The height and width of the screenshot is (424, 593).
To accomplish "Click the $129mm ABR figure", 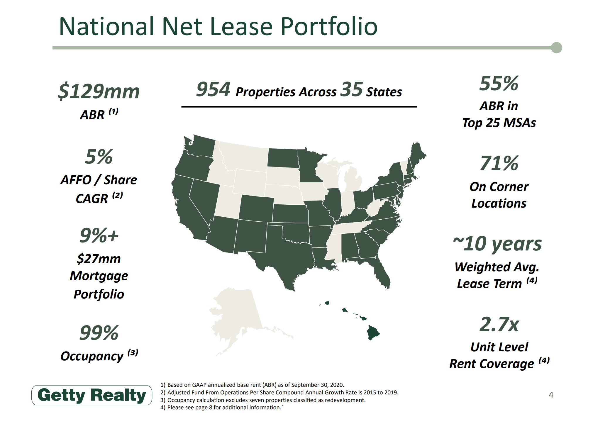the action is (x=99, y=91).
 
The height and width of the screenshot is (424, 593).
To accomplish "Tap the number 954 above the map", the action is (x=213, y=89).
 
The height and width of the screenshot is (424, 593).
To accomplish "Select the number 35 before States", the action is (x=352, y=89).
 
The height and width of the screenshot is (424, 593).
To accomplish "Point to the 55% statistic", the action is (x=499, y=83).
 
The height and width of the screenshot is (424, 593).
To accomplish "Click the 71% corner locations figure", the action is (x=499, y=163).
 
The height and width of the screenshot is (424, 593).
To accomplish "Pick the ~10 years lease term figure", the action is (x=497, y=244).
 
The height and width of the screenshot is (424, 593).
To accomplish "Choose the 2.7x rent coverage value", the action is (x=499, y=324).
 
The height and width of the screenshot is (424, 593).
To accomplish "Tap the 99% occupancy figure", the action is (x=99, y=333).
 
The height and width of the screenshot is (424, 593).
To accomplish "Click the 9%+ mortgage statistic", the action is (x=99, y=235).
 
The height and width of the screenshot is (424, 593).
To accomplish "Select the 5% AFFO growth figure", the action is (x=99, y=157).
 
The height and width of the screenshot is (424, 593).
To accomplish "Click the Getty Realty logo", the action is (x=92, y=395).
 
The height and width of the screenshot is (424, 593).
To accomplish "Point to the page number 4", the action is (x=551, y=395).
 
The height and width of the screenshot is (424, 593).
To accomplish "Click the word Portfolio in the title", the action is (x=329, y=26).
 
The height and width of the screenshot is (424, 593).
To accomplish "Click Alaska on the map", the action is (x=240, y=317).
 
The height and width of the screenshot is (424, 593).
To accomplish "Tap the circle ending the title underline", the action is (x=556, y=48).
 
